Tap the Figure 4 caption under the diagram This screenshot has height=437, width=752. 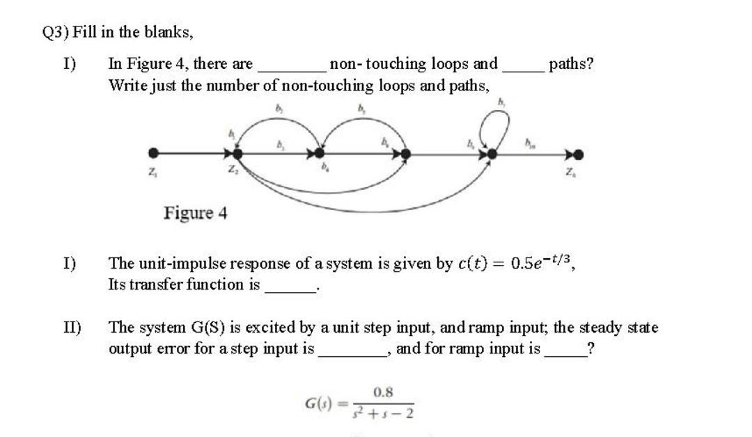(196, 212)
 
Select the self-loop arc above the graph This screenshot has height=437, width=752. (500, 125)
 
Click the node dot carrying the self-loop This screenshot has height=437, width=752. (492, 153)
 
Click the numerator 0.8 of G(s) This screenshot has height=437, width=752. (383, 392)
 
